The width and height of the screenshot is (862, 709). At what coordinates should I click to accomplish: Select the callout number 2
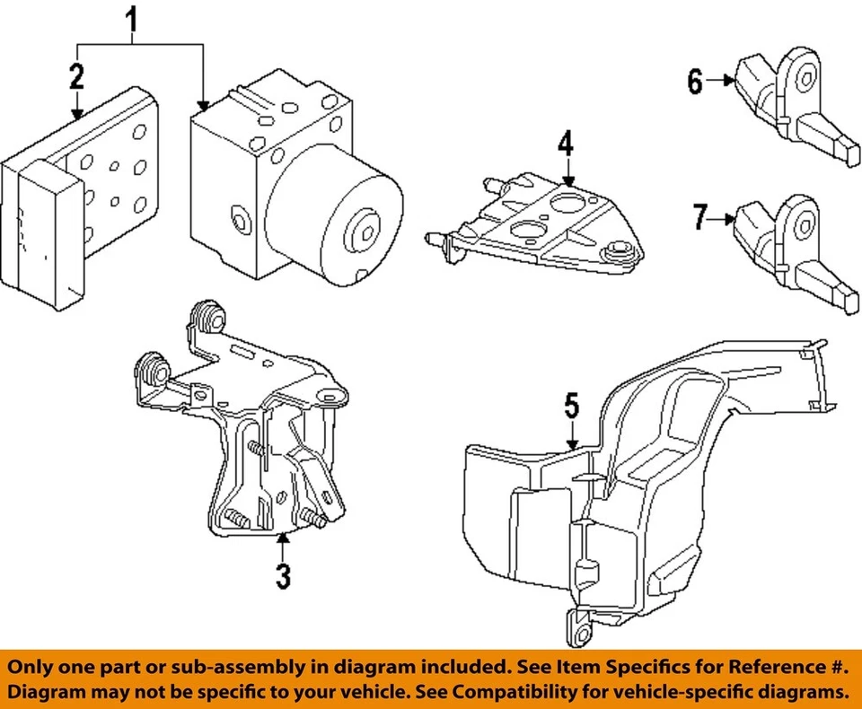pos(76,76)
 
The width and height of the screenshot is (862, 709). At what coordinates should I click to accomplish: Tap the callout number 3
pos(283,576)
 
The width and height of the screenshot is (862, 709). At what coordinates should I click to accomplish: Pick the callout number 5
pos(572,406)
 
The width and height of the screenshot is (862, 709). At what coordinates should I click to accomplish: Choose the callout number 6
pos(695,82)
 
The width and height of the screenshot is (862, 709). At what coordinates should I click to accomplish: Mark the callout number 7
pos(699,216)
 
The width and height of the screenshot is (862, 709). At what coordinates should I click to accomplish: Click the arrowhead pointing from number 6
pos(730,80)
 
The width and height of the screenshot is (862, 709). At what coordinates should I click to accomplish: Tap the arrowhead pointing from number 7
pos(730,219)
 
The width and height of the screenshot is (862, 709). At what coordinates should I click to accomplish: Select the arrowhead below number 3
pos(283,538)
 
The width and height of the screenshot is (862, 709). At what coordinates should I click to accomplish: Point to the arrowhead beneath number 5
pos(572,444)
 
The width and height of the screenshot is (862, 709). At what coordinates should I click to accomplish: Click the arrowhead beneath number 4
pos(568,181)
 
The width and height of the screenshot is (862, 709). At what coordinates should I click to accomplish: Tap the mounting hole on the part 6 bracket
pos(805,79)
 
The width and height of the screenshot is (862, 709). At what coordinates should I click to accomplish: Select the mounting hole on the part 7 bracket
pos(805,226)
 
